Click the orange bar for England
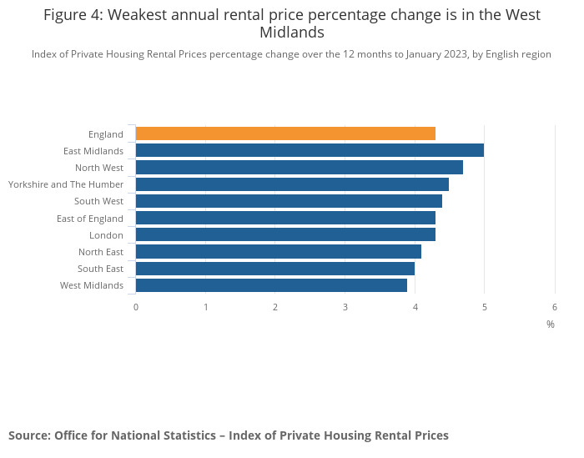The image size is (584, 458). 285,133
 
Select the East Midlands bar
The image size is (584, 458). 310,150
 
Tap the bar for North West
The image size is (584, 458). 299,168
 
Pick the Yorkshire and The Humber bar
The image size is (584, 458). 292,184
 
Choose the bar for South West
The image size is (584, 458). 289,201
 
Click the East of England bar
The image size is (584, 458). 285,218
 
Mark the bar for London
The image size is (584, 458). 285,234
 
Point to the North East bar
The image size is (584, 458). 279,251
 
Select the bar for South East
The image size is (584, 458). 275,269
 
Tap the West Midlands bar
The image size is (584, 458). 271,285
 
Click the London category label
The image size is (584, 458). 107,235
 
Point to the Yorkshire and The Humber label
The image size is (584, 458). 66,184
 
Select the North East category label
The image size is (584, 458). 101,252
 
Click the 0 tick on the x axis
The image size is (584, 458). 136,307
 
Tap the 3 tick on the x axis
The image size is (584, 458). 345,307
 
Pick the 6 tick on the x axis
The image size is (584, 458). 555,307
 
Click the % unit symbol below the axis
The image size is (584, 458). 551,325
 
